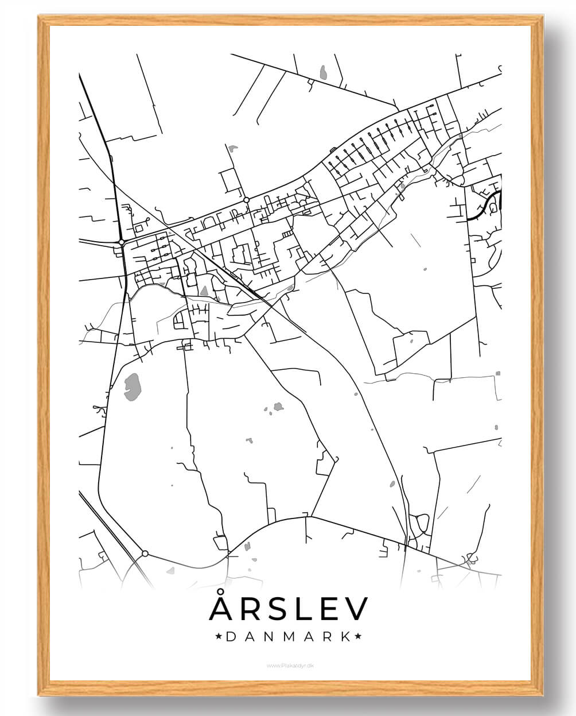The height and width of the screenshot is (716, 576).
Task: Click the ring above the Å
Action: pos(221,593)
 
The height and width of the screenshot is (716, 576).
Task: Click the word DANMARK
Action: pos(289,637)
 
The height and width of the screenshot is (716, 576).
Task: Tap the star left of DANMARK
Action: pos(218,637)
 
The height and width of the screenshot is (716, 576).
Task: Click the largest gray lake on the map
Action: pos(133,386)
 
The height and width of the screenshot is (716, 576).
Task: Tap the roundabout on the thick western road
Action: pos(122,242)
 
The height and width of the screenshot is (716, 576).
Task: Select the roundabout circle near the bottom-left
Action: pos(145,554)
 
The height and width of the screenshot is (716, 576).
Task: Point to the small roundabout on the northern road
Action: pos(246,200)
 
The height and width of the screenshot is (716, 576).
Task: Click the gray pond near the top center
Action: pos(324,73)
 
